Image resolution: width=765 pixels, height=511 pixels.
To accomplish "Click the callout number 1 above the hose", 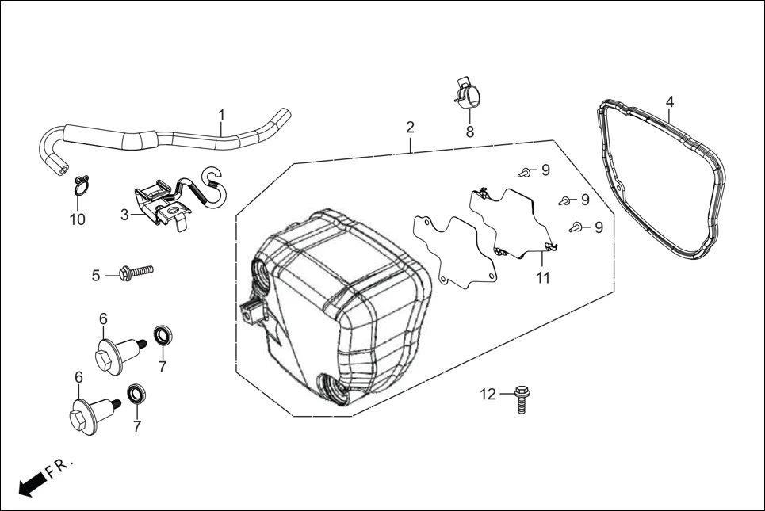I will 222,115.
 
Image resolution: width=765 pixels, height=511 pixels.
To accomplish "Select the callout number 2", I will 410,128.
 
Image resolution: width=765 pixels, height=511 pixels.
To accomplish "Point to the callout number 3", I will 124,215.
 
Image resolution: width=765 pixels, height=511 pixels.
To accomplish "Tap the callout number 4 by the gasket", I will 670,102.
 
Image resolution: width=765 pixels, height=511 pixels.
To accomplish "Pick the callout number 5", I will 96,276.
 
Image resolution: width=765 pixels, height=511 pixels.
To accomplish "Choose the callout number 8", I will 470,132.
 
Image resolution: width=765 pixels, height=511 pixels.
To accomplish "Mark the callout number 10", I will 77,219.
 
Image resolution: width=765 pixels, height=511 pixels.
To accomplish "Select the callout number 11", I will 542,278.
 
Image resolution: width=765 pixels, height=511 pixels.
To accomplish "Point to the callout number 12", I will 487,394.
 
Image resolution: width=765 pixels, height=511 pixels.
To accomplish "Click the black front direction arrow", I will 31,482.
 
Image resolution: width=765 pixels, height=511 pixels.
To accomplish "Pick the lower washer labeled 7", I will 136,394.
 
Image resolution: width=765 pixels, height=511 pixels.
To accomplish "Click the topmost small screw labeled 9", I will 523,172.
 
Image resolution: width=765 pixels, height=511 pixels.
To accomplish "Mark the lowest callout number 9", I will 599,227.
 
